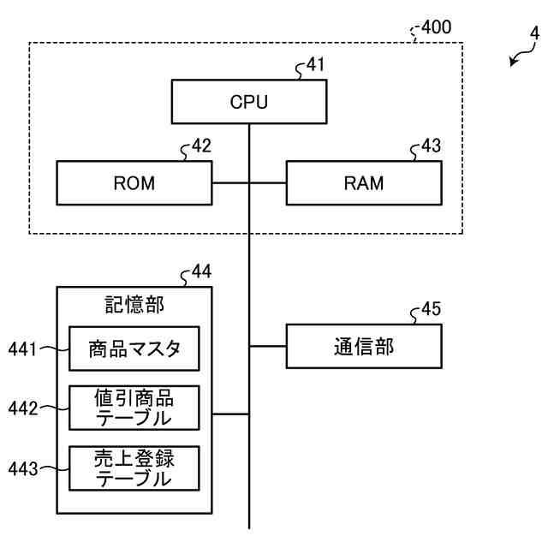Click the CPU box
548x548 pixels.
249,102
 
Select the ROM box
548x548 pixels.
134,182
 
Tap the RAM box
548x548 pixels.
364,182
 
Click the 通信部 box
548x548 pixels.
364,346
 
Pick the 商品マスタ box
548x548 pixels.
134,348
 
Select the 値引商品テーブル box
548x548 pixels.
134,408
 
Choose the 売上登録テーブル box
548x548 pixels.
134,468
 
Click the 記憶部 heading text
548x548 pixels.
134,305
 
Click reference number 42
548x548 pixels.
201,147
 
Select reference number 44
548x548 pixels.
201,273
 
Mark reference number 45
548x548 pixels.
431,310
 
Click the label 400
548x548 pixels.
436,28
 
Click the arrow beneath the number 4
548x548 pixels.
517,60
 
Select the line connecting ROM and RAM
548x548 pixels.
248,182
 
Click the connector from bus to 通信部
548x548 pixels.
268,346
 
